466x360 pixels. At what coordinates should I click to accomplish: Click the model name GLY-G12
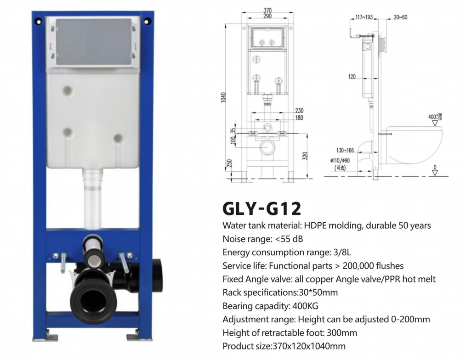click(261, 208)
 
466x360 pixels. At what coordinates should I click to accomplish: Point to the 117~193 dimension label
click(364, 17)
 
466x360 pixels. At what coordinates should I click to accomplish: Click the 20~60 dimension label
click(400, 17)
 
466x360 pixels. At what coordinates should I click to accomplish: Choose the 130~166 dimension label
click(345, 150)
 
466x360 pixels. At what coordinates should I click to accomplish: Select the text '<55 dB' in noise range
click(289, 239)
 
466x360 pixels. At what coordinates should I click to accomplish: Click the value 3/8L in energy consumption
click(342, 252)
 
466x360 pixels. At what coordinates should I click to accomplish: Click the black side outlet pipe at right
click(158, 274)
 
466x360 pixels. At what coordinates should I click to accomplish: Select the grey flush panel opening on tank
click(92, 42)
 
